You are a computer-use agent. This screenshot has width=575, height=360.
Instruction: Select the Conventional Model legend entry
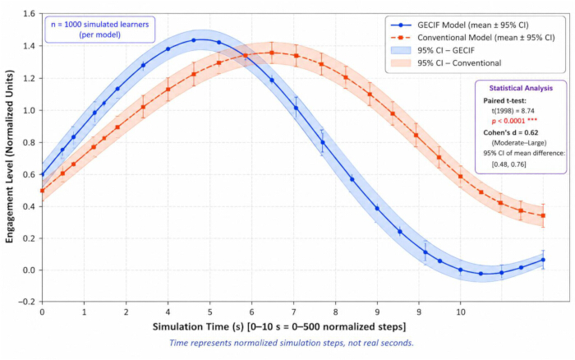[x=472, y=38]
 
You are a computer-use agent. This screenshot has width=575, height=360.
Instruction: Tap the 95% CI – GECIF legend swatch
[x=401, y=50]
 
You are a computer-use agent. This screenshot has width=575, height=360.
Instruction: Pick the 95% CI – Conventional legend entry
[x=446, y=62]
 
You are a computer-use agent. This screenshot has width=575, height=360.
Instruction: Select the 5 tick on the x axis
[x=209, y=312]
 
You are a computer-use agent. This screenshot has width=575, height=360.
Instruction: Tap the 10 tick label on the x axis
[x=461, y=312]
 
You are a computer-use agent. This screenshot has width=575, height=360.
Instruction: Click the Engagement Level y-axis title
[x=9, y=156]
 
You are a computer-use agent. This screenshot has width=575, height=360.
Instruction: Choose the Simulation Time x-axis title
[x=279, y=326]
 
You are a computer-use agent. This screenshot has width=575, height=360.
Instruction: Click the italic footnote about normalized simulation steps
[x=291, y=343]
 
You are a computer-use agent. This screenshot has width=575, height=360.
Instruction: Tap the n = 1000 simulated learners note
[x=99, y=30]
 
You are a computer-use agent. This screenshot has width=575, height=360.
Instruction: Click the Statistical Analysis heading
[x=521, y=88]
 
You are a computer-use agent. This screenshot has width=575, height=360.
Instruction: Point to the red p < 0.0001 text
[x=514, y=121]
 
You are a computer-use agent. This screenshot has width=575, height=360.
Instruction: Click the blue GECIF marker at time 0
[x=42, y=175]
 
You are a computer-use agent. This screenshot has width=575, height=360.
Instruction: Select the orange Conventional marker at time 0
[x=42, y=191]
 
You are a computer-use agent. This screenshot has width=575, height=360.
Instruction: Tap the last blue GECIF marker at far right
[x=543, y=260]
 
